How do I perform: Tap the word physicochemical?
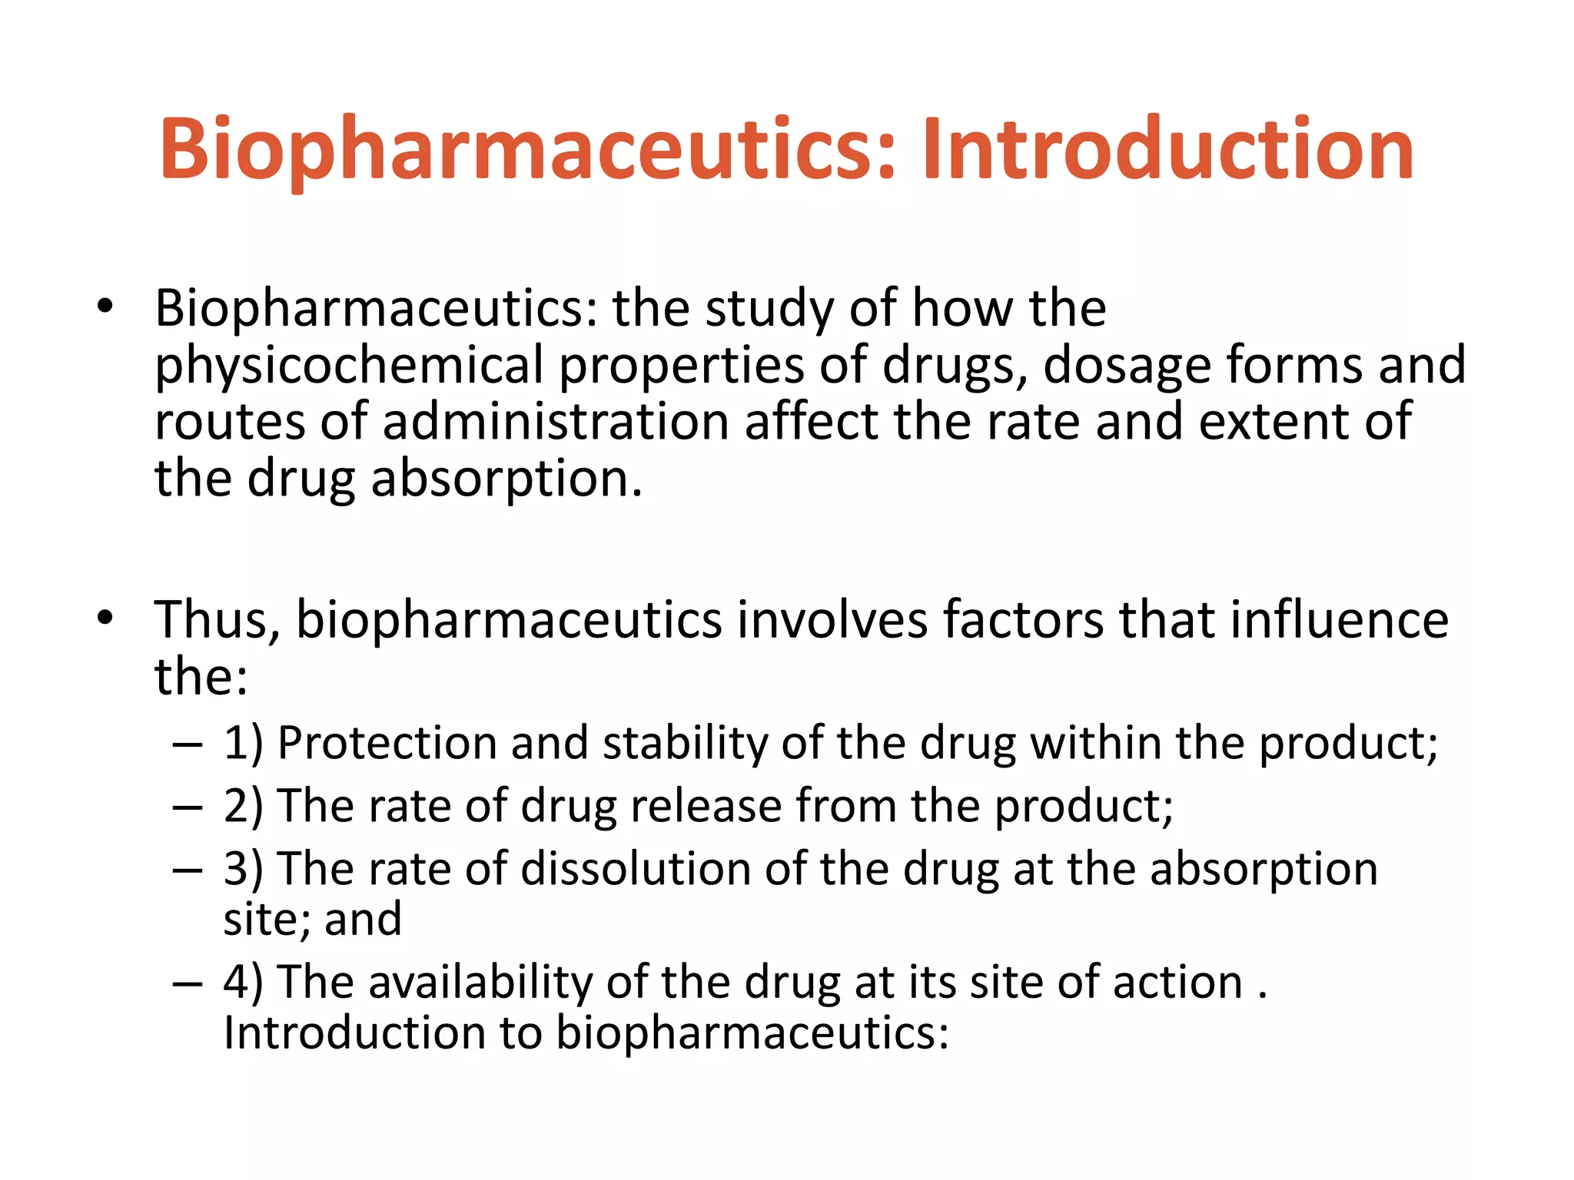[x=349, y=365]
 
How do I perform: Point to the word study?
[x=769, y=309]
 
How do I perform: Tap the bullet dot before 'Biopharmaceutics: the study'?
[x=105, y=307]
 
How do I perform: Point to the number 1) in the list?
[x=243, y=744]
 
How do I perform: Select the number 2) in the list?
[x=243, y=807]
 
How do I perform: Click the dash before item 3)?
[x=188, y=870]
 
